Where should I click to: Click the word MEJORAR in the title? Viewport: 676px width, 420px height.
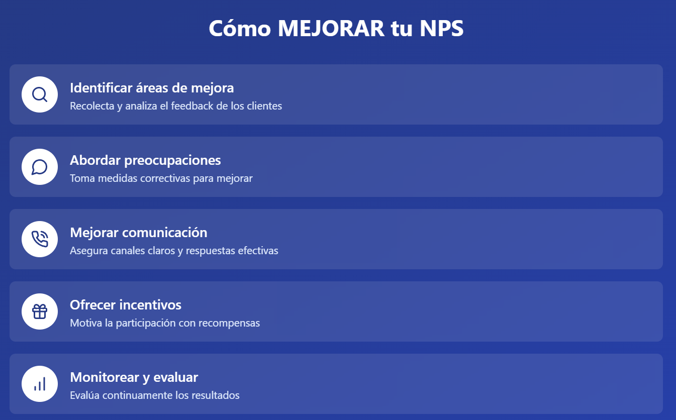coord(331,28)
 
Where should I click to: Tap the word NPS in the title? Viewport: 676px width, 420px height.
coord(441,28)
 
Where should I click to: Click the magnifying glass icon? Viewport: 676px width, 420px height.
coord(40,94)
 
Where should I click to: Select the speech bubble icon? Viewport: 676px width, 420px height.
coord(40,167)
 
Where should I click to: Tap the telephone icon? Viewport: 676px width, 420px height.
coord(40,239)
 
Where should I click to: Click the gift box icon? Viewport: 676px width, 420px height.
coord(40,311)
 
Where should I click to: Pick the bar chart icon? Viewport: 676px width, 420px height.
coord(40,384)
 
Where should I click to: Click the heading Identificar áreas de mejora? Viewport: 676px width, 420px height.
coord(152,88)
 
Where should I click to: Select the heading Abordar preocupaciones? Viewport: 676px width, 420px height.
coord(145,161)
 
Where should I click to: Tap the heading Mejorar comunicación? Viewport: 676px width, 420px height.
coord(139,233)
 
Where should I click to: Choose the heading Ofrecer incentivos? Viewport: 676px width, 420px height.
coord(126,305)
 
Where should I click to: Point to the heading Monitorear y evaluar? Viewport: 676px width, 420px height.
coord(134,377)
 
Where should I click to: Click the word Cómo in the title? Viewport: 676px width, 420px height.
coord(240,28)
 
